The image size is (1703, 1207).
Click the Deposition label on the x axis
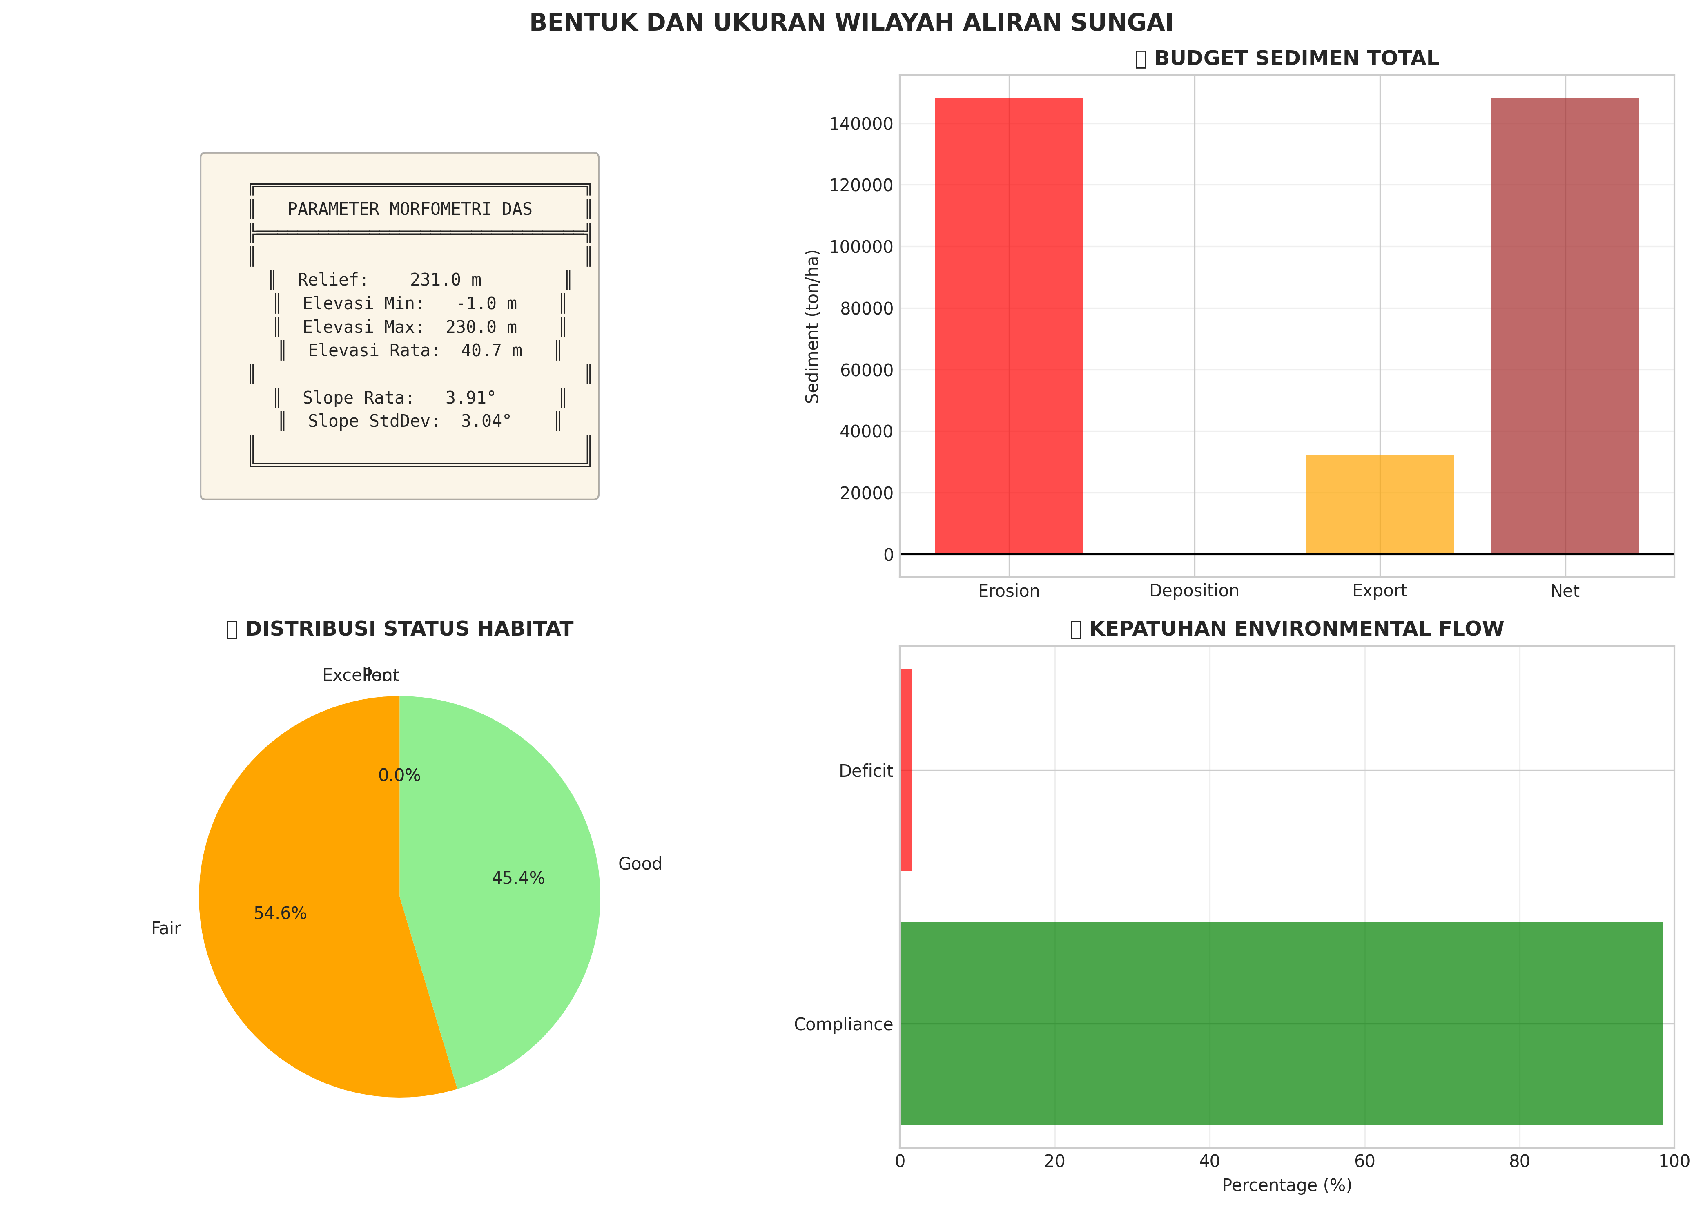click(x=1194, y=591)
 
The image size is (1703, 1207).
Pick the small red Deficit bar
click(x=906, y=770)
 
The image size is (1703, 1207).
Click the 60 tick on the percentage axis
click(x=1364, y=1161)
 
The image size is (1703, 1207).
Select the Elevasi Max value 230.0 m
click(x=481, y=327)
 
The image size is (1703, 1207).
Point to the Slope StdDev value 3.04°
click(x=486, y=422)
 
